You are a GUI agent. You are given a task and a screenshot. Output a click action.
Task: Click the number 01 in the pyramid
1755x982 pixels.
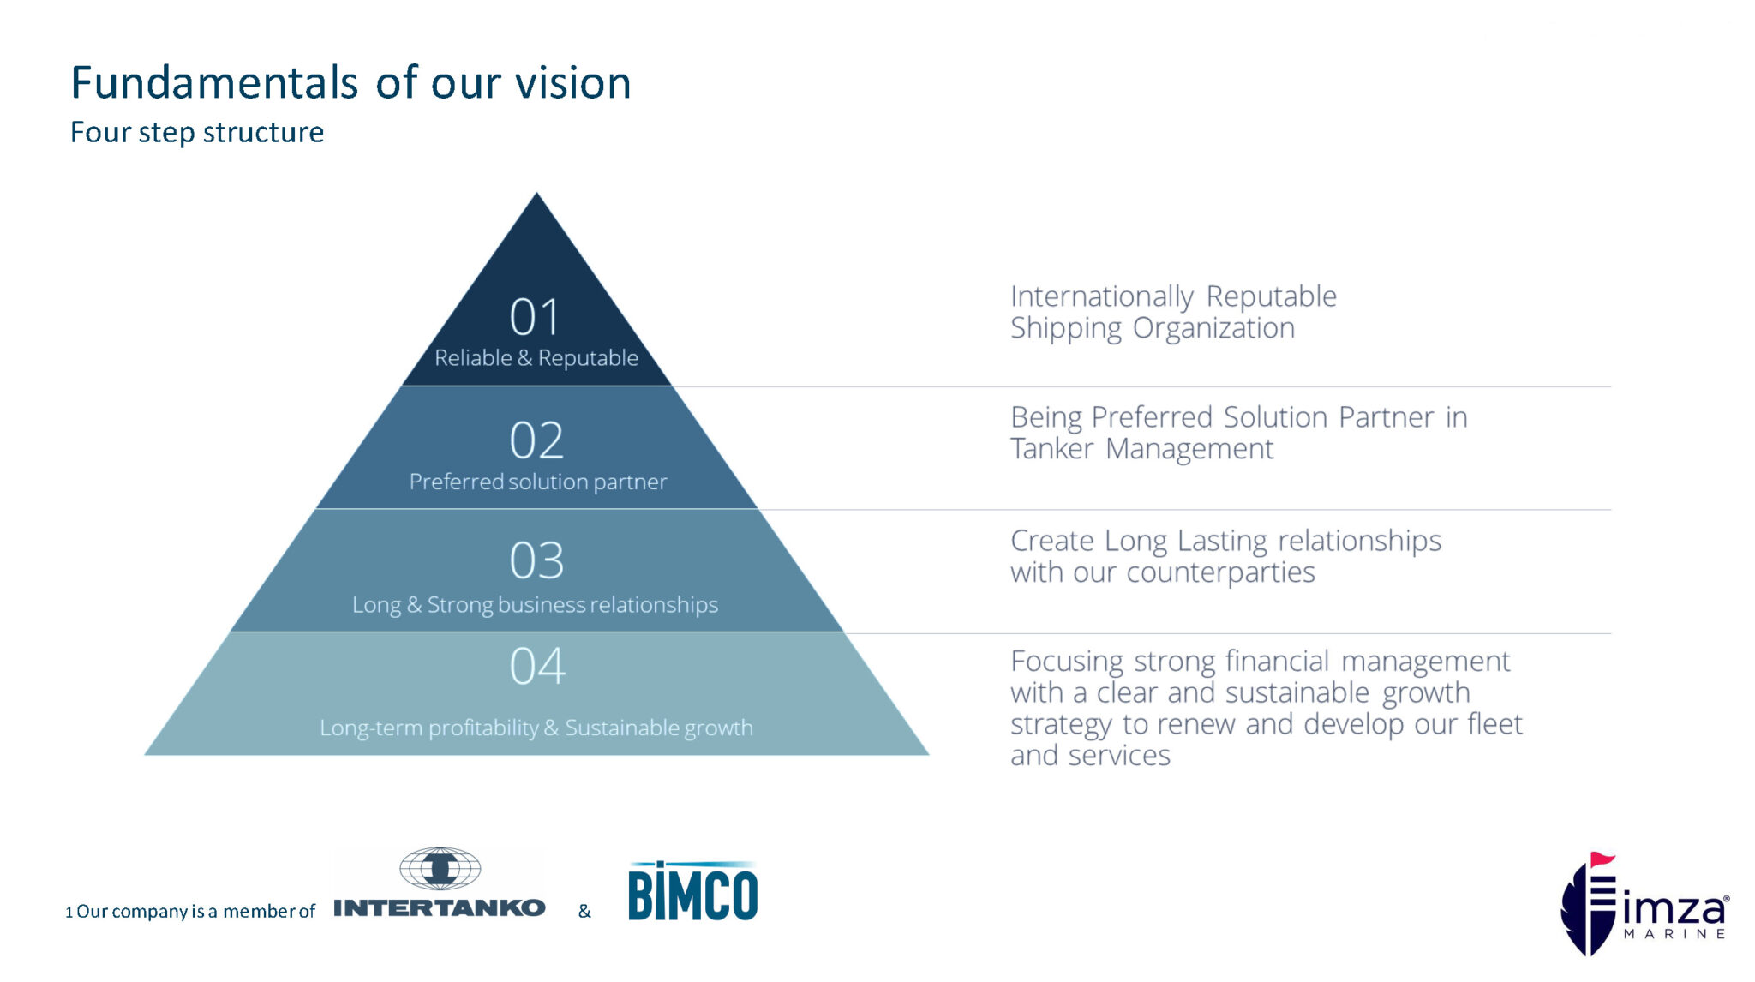535,317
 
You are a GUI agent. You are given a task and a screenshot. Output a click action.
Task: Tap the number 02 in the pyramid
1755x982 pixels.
536,440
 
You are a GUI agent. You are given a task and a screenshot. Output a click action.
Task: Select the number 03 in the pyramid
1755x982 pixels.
536,560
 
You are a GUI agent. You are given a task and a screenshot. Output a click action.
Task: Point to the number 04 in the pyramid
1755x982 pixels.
537,666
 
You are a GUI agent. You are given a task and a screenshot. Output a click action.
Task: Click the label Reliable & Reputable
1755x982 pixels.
536,358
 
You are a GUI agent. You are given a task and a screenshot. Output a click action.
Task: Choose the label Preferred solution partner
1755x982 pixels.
537,482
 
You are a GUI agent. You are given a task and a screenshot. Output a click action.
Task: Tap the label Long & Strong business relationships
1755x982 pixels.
535,605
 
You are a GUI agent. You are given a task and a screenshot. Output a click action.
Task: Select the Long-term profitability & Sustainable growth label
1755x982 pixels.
536,728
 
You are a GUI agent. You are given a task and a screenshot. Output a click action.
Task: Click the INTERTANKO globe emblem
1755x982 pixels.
440,869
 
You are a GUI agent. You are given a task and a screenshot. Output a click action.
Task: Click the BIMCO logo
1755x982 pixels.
692,892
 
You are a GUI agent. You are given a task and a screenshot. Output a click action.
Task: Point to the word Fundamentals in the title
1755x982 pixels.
214,83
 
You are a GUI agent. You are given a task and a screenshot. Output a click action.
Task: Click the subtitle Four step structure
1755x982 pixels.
197,132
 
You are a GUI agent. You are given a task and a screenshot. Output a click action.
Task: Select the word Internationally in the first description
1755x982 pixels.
1101,296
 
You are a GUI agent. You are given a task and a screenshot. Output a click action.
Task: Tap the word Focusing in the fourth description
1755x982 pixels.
1066,662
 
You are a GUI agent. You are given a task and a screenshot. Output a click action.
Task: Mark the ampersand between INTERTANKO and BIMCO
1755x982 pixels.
584,911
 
